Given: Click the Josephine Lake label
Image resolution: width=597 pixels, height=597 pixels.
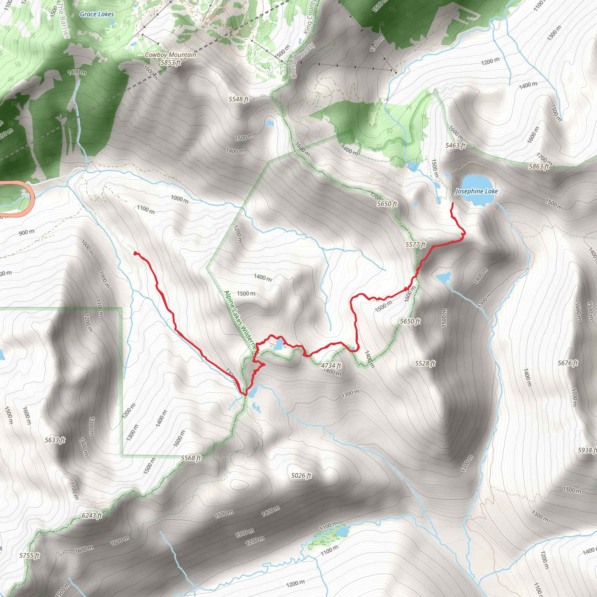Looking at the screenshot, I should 477,191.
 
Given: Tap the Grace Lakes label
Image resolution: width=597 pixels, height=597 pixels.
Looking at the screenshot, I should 97,14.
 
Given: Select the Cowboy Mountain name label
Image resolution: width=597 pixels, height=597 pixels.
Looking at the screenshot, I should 171,55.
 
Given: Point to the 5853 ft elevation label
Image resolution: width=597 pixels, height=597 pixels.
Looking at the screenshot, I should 171,62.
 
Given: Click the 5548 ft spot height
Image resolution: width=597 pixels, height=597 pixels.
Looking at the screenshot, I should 238,99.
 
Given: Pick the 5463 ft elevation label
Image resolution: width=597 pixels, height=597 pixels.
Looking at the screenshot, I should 455,145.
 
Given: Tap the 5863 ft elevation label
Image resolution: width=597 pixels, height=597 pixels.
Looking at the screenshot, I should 539,166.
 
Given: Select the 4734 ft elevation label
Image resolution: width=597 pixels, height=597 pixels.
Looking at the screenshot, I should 331,366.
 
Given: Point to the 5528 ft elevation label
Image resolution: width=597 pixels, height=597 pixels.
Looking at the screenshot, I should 425,364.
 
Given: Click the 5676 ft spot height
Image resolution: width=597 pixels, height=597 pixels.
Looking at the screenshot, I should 568,363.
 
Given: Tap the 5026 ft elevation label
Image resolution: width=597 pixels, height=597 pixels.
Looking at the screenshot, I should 301,475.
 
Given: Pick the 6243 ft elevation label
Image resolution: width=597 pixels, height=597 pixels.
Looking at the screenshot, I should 92,515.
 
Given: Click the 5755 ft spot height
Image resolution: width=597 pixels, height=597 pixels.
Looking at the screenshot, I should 29,555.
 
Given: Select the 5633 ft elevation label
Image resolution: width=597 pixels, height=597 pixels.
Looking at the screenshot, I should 55,440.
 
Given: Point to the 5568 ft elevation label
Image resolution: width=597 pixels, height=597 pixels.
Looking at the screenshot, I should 191,458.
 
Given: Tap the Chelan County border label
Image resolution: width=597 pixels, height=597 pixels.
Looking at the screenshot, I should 303,61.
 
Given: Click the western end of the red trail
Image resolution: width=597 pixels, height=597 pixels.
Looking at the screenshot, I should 135,253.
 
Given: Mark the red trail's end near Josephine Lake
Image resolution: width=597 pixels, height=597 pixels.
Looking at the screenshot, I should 452,203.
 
